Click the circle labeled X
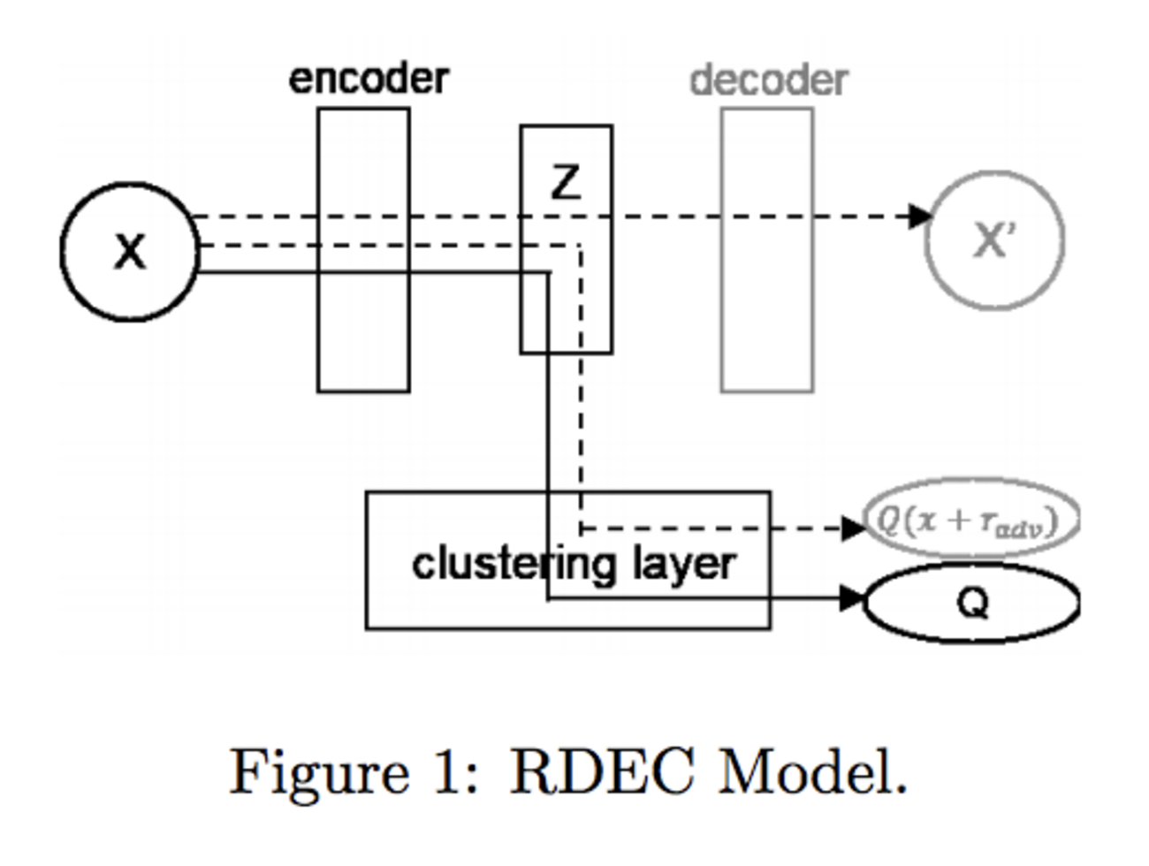coord(130,252)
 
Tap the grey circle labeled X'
coord(994,240)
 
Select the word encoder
coord(369,79)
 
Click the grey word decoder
coord(768,80)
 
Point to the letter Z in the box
coord(566,182)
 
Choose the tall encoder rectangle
coord(363,336)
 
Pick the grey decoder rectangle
coord(767,336)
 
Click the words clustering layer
coord(574,564)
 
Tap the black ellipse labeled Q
coord(971,604)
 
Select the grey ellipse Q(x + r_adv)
coord(971,520)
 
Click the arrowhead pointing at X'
coord(919,216)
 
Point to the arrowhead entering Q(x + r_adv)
coord(853,528)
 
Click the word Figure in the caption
coord(319,772)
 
